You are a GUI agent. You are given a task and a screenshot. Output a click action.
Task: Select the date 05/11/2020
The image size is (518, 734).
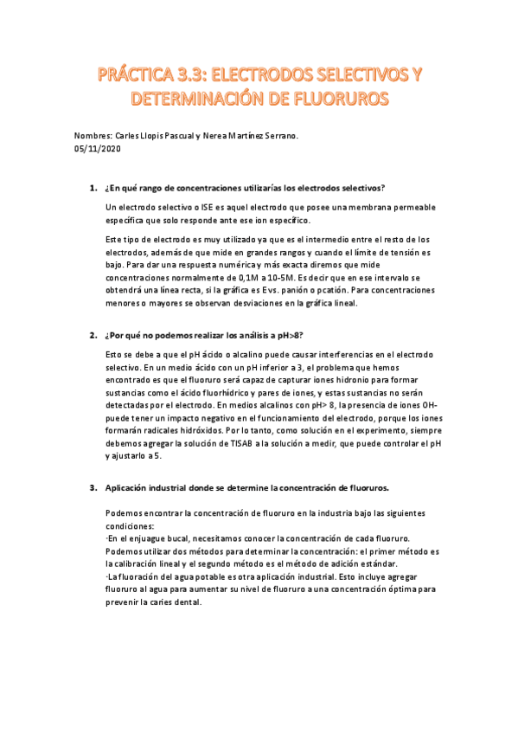(97, 149)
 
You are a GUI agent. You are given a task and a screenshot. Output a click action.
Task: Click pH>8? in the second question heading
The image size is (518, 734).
(287, 334)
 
